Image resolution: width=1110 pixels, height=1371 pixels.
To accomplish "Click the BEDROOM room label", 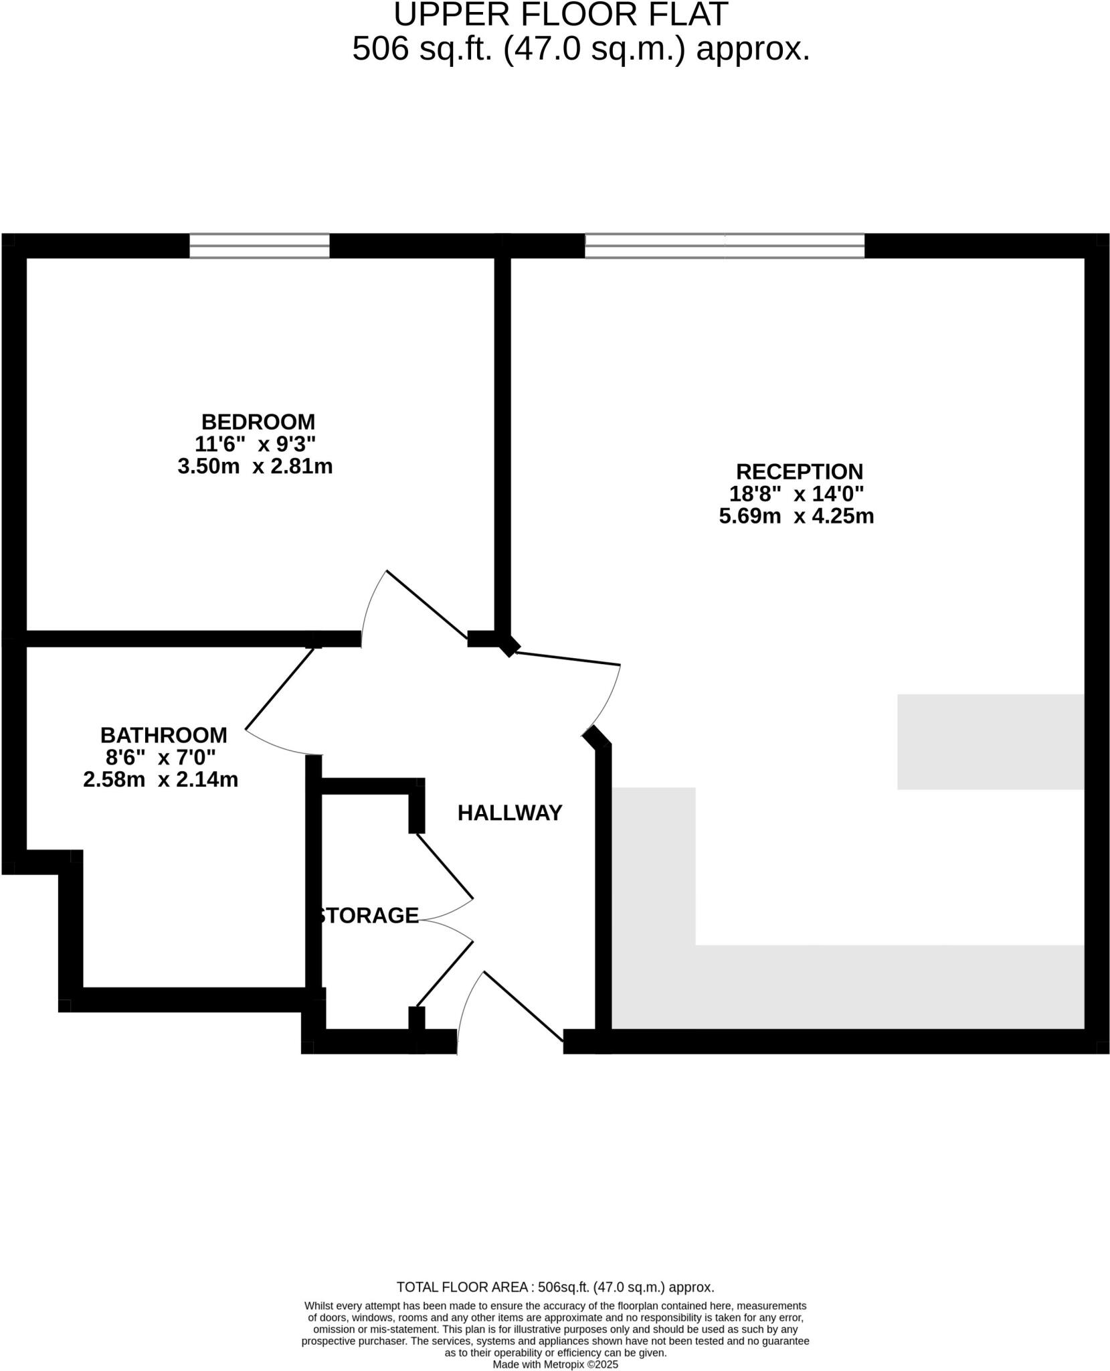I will click(x=258, y=422).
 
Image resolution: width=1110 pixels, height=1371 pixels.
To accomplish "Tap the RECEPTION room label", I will click(x=799, y=471).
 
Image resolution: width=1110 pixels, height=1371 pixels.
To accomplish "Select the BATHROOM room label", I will click(x=164, y=735).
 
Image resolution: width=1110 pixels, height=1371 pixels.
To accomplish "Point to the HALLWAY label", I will click(x=510, y=813).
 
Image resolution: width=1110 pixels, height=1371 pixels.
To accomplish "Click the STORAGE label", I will click(x=368, y=915).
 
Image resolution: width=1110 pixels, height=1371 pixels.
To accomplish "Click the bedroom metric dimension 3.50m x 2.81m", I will click(x=255, y=467).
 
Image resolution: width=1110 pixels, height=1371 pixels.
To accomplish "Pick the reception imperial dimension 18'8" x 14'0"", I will click(x=796, y=494).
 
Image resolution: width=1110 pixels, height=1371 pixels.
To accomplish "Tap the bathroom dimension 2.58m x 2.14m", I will click(x=161, y=780).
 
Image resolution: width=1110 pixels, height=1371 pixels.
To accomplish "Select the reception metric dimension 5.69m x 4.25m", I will click(x=796, y=516).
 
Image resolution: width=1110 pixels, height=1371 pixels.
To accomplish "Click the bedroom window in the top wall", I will click(x=260, y=246).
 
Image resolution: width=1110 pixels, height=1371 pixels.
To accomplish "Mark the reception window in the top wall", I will click(x=725, y=246).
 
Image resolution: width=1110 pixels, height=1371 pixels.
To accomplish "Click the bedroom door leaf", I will click(x=427, y=604).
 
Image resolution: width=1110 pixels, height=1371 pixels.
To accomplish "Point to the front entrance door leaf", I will click(x=523, y=1005).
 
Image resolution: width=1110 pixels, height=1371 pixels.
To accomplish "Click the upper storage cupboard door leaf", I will click(x=445, y=866).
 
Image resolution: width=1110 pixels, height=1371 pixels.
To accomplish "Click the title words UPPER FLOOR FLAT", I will click(x=560, y=15).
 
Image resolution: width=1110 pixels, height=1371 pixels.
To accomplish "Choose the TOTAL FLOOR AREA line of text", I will click(x=555, y=1287).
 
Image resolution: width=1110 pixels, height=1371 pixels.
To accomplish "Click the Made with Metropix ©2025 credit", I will click(x=555, y=1364).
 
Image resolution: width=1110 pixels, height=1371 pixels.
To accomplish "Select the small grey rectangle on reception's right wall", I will click(x=990, y=742).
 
